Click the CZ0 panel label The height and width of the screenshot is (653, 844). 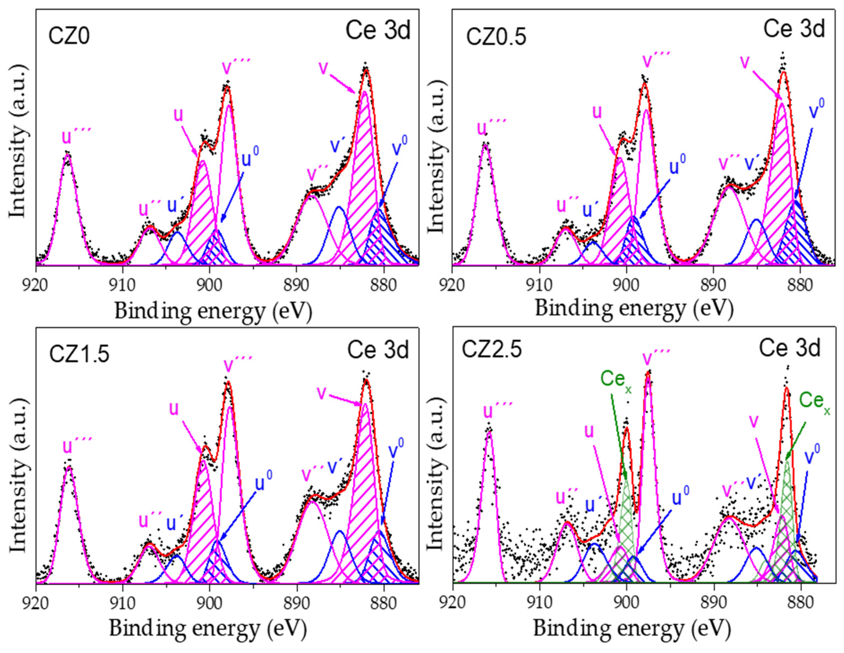tap(69, 37)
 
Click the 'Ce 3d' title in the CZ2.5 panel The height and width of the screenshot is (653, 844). tap(789, 348)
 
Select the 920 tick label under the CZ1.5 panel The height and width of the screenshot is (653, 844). tap(36, 603)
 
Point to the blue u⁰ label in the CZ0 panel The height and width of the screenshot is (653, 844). tap(250, 157)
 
